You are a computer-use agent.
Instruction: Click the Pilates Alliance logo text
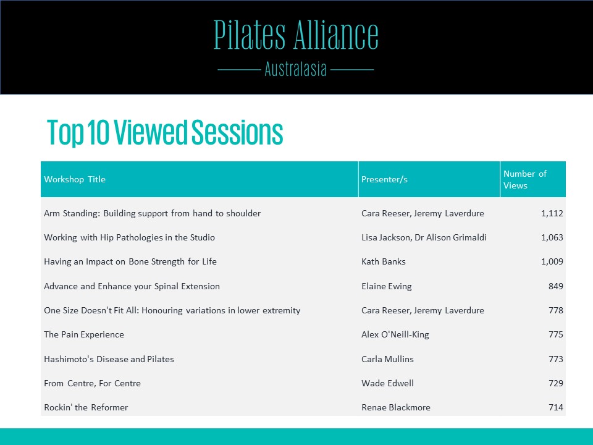click(x=296, y=35)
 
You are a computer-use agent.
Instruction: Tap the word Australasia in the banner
click(x=295, y=69)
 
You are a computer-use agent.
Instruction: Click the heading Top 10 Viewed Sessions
click(x=165, y=132)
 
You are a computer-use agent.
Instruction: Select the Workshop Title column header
click(x=75, y=179)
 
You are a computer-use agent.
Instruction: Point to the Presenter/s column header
click(x=384, y=179)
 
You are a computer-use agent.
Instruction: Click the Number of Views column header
click(x=525, y=179)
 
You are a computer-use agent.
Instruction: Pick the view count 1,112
click(x=552, y=213)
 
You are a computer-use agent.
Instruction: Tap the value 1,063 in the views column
click(x=552, y=237)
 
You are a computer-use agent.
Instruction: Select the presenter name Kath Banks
click(x=384, y=261)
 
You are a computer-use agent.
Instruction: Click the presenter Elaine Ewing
click(x=387, y=286)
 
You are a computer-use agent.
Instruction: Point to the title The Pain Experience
click(x=84, y=334)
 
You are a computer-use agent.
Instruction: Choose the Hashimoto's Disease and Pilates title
click(x=109, y=359)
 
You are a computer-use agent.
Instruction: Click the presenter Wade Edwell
click(x=388, y=383)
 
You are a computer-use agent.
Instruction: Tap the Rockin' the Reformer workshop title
click(x=86, y=407)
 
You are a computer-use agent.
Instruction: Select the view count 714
click(x=555, y=407)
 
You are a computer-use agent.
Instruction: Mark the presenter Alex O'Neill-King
click(x=395, y=334)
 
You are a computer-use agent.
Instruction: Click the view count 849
click(x=555, y=286)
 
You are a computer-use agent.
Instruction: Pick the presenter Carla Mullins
click(x=388, y=359)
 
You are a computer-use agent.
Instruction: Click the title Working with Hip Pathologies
click(x=129, y=237)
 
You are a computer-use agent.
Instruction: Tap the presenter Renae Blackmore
click(x=396, y=407)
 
